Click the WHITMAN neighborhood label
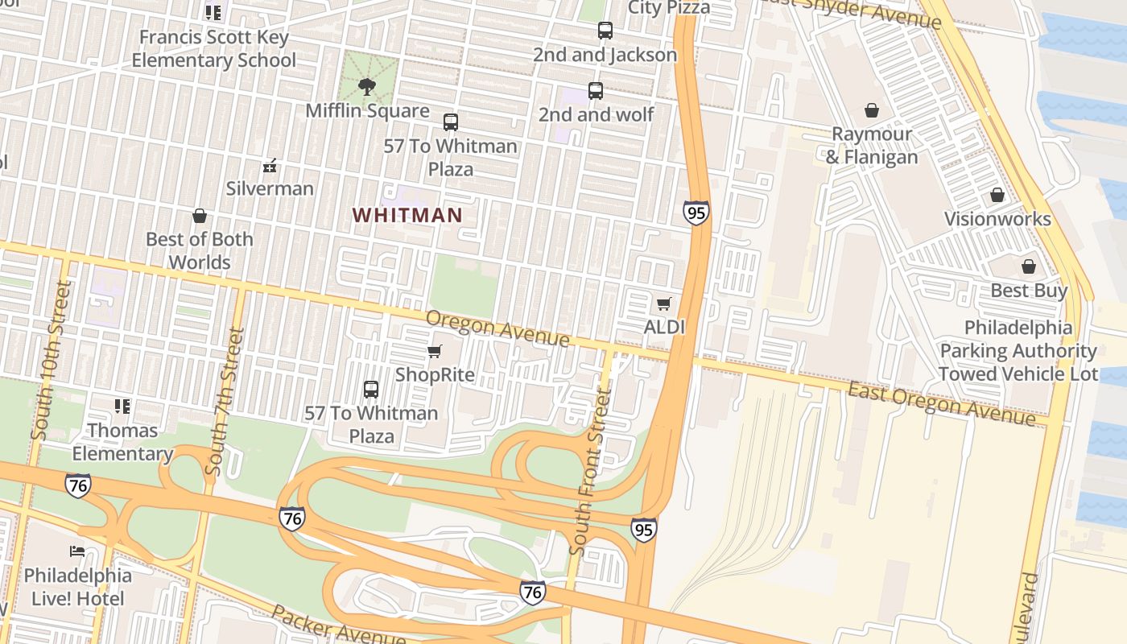(x=407, y=215)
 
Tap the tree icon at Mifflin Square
(x=367, y=86)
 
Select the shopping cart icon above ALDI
(x=664, y=303)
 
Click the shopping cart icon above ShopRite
(x=435, y=351)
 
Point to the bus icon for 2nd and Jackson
(x=605, y=31)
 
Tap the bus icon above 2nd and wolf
(x=596, y=91)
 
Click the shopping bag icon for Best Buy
(x=1028, y=266)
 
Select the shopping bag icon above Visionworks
(x=997, y=195)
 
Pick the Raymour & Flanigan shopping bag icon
(x=871, y=110)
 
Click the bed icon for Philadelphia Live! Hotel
(x=77, y=551)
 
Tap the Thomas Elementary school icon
(x=122, y=407)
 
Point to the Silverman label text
(x=270, y=188)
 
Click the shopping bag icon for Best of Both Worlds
(x=199, y=216)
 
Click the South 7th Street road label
(x=225, y=400)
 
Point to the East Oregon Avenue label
(x=941, y=403)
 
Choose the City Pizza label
(x=668, y=8)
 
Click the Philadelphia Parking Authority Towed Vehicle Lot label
(x=1018, y=351)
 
